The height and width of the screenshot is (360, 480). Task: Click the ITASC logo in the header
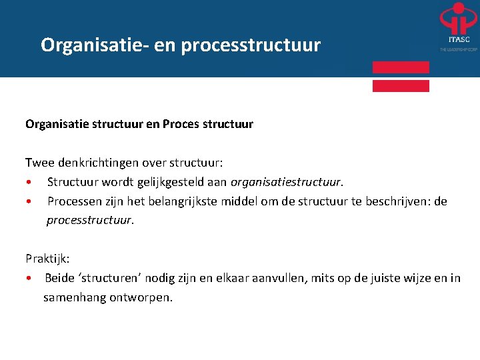[458, 27]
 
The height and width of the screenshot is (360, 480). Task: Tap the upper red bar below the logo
[401, 67]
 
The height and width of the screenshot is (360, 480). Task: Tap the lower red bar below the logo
[401, 85]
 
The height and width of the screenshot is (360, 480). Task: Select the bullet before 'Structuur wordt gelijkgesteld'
[29, 182]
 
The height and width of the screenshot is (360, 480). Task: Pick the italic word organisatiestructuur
[285, 181]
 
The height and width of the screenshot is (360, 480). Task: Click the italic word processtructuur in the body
[89, 220]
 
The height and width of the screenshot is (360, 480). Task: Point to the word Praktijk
[46, 258]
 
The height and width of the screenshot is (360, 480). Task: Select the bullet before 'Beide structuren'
[29, 279]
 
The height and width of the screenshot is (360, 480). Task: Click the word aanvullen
[279, 278]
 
